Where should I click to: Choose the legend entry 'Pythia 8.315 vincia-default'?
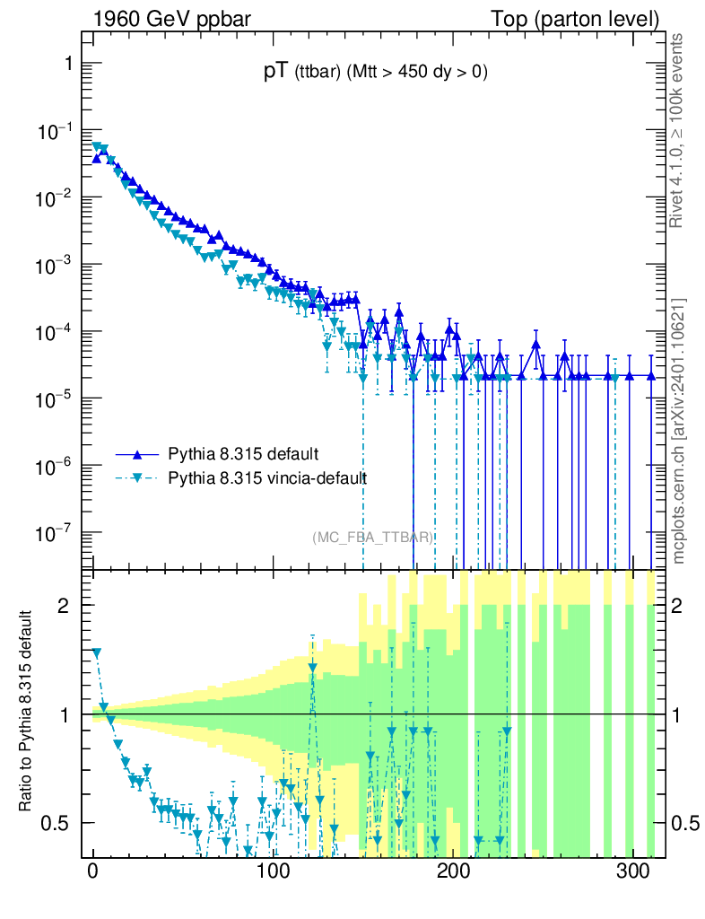click(x=268, y=477)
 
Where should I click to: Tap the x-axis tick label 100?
click(x=273, y=873)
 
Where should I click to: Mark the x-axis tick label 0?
click(x=93, y=873)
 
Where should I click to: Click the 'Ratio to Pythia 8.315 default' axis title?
click(x=26, y=713)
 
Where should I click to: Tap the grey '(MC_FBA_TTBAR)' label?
click(x=373, y=538)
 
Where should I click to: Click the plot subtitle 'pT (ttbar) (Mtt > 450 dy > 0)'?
click(x=375, y=74)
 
